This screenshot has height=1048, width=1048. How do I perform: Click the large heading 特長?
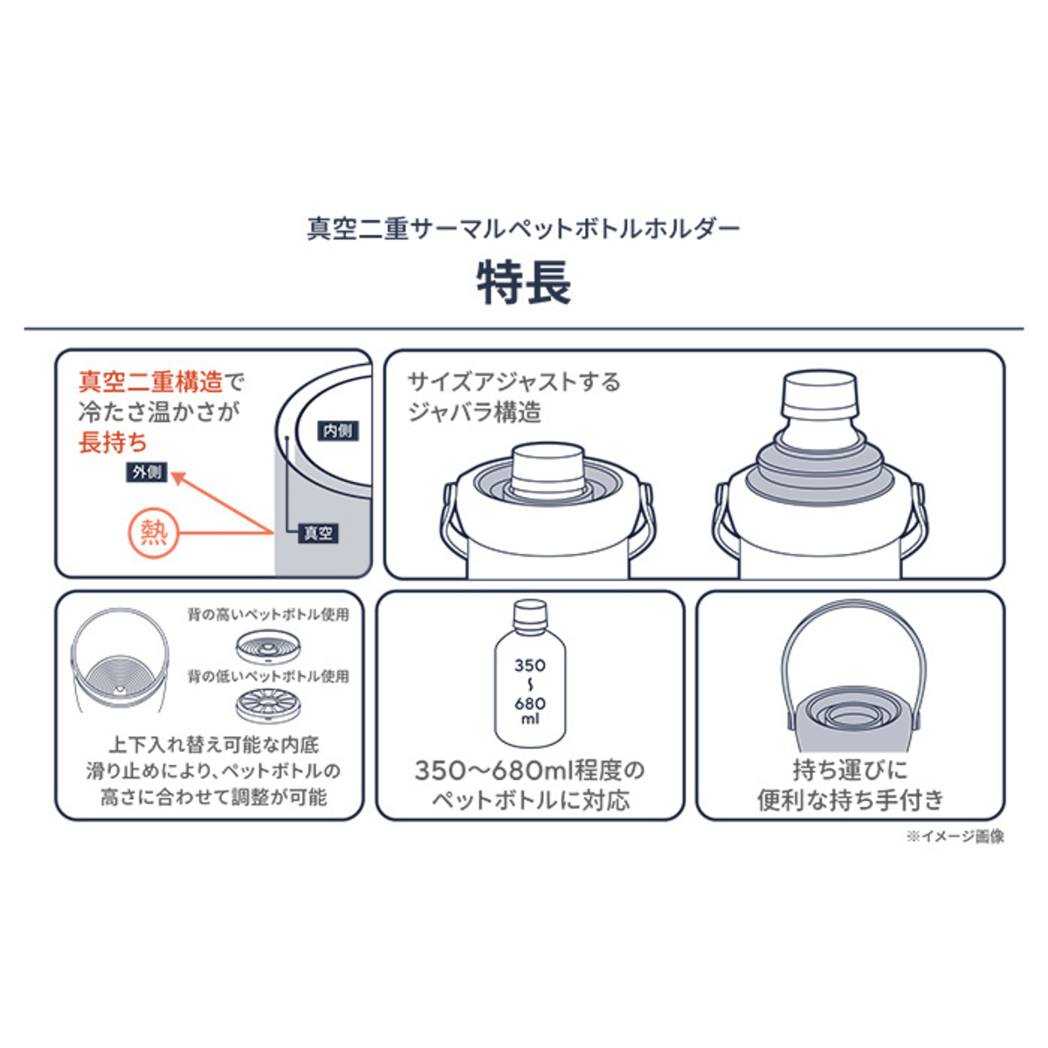point(524,283)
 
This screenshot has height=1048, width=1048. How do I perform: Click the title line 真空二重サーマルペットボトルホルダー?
point(524,229)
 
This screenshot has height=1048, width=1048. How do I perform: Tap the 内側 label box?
point(338,431)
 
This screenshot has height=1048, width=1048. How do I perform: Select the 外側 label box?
point(147,472)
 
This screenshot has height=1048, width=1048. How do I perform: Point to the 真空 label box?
point(318,533)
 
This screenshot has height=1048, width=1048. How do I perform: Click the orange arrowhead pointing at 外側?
point(180,479)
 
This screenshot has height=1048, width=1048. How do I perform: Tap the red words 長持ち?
point(114,442)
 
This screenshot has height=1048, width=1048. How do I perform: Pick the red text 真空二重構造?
point(150,383)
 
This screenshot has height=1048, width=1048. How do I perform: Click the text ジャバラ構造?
point(474,412)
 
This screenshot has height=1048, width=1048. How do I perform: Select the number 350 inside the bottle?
point(530,665)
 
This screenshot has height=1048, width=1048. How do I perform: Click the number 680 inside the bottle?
point(530,703)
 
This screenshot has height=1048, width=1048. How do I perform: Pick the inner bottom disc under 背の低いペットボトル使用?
point(269,707)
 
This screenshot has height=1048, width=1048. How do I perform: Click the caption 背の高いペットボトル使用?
point(268,615)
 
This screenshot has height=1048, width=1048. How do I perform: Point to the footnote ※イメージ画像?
point(955,837)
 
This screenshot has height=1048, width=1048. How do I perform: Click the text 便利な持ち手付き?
point(850,800)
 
